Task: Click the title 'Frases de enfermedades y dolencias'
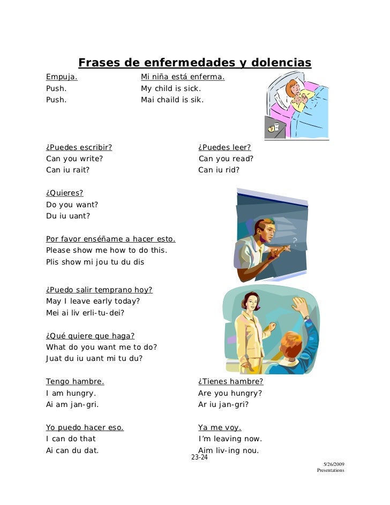click(194, 63)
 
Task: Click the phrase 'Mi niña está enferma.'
click(183, 77)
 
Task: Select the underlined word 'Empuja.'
click(62, 77)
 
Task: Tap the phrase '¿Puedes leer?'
click(224, 147)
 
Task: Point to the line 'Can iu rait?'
click(68, 170)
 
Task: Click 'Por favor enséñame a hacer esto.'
click(111, 239)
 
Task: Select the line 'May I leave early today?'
click(93, 301)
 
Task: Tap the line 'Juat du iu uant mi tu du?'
click(94, 358)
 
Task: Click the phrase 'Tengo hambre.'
click(75, 381)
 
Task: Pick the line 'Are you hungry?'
click(230, 393)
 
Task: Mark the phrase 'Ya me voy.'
click(220, 427)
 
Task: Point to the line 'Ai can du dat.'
click(72, 450)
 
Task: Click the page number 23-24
click(199, 458)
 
